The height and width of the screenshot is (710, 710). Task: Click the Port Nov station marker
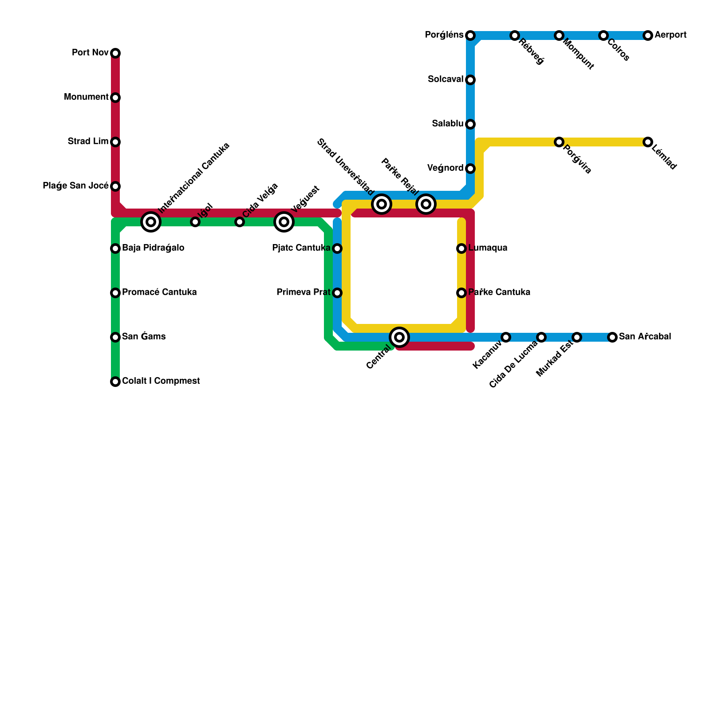(115, 53)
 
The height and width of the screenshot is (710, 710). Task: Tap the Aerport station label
(671, 35)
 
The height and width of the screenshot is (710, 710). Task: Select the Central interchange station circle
(399, 337)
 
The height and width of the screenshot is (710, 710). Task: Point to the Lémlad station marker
(648, 142)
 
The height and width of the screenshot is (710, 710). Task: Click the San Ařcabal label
(645, 337)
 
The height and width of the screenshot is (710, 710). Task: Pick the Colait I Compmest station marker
(115, 382)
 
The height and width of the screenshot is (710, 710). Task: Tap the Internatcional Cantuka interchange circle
(151, 222)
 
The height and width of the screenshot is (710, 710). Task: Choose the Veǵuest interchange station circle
(284, 222)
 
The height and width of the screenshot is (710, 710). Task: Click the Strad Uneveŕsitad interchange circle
(382, 204)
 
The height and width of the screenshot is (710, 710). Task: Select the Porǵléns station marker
(470, 35)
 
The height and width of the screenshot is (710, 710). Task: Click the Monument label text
(86, 97)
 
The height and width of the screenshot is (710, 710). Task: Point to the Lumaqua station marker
(461, 248)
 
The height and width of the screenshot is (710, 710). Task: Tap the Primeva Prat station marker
(337, 293)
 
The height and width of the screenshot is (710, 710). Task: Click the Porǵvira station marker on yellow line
(559, 142)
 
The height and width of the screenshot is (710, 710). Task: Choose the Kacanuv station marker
(506, 337)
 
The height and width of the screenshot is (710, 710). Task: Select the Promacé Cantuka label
(159, 292)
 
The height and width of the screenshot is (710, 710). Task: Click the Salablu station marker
(470, 124)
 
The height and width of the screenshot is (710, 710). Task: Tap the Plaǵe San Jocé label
(75, 186)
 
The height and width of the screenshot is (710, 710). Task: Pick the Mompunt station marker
(559, 35)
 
